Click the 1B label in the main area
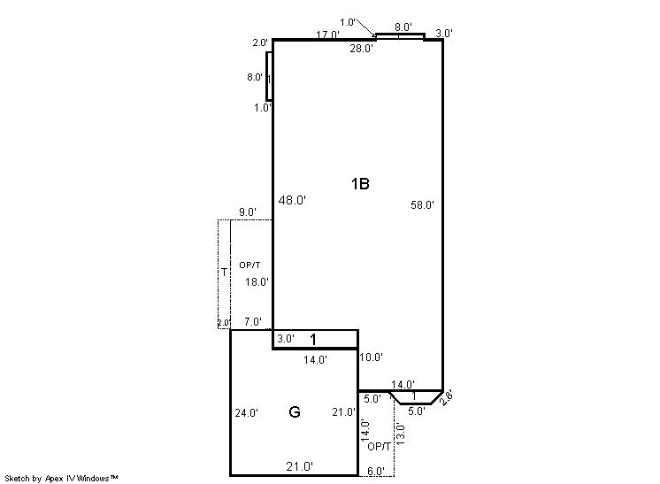click(360, 184)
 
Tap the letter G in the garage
click(295, 411)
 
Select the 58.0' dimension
click(422, 205)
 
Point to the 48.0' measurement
click(292, 200)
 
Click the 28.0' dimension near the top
click(361, 49)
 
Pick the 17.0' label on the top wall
click(327, 35)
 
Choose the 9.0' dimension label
click(248, 212)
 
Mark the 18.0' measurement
click(257, 281)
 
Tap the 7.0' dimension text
click(253, 322)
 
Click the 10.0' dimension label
click(371, 357)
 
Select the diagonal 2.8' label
click(446, 397)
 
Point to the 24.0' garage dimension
click(247, 413)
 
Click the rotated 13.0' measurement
click(400, 434)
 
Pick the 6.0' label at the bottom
click(376, 472)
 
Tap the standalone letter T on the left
click(225, 273)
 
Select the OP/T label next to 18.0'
click(249, 265)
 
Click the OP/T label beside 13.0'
click(379, 447)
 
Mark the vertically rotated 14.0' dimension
click(365, 431)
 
